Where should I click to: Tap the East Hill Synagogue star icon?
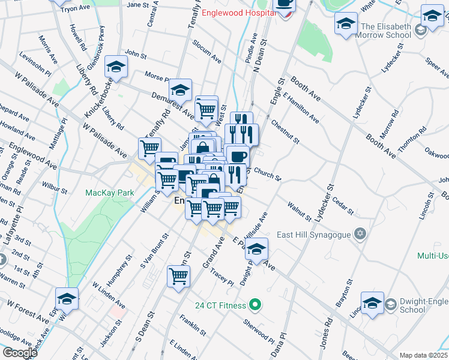point(360,233)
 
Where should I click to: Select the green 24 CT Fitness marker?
point(255,305)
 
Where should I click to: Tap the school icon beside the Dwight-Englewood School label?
point(372,303)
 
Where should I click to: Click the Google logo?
point(20,353)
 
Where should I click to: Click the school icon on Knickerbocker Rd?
point(116,67)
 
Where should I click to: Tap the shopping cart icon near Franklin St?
point(179,277)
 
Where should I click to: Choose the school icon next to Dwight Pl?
point(256,249)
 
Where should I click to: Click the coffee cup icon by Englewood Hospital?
point(285,4)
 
